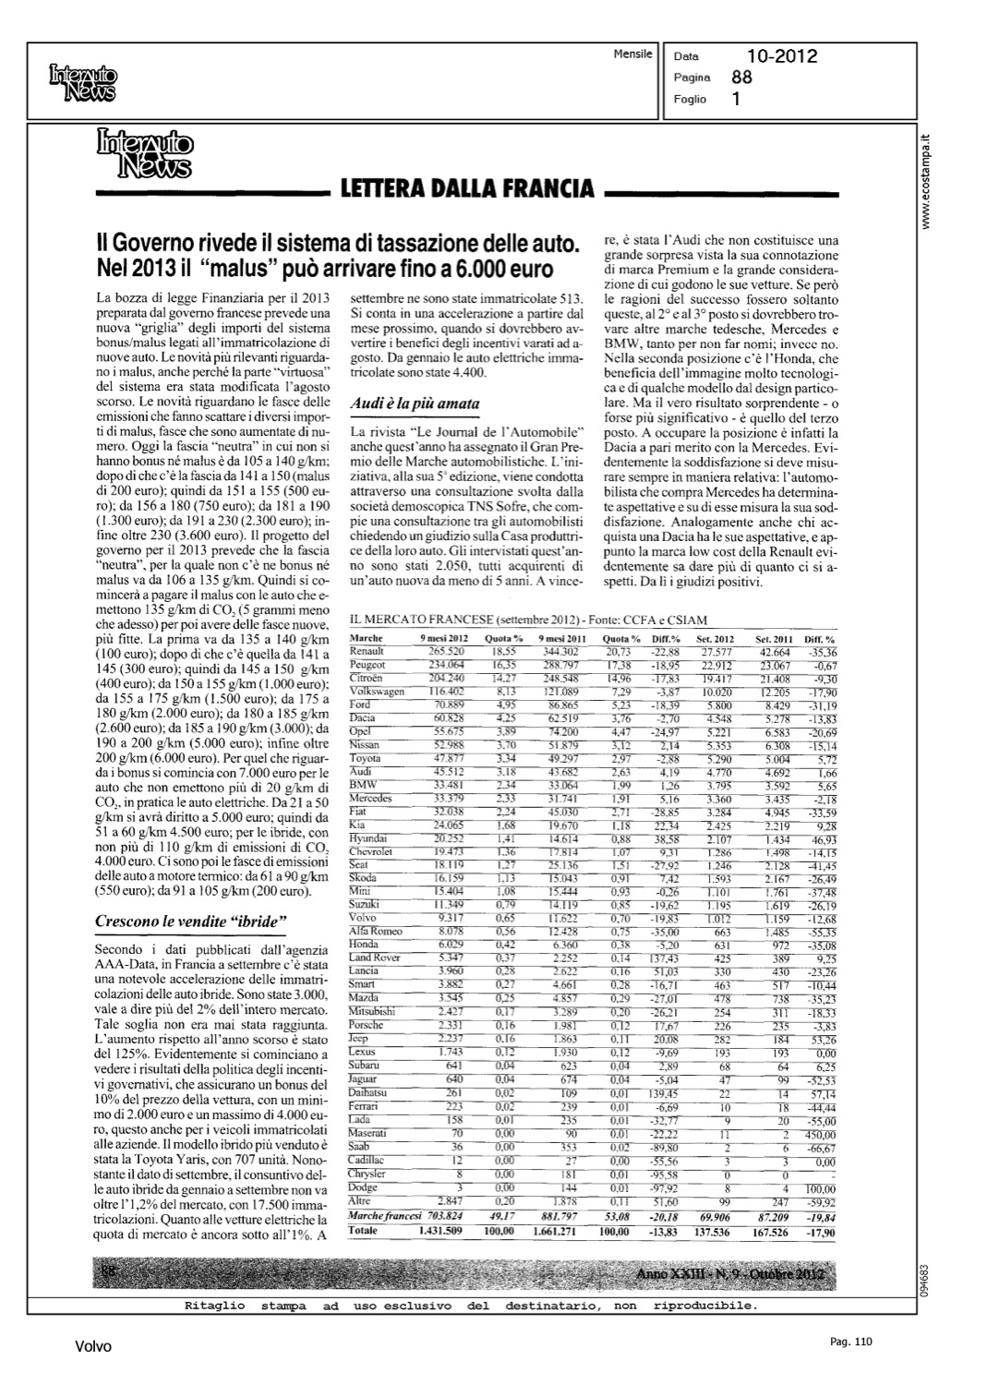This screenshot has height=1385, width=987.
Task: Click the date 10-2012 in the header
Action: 782,57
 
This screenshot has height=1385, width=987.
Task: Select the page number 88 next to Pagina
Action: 741,78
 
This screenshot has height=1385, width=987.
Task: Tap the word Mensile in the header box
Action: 632,54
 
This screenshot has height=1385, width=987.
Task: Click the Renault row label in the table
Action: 367,652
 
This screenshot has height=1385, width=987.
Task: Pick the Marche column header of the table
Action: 367,639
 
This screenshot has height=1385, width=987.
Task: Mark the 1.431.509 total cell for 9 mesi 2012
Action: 446,1232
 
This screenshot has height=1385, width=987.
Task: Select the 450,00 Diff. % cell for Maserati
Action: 820,1133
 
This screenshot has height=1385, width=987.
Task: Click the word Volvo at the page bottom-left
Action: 93,1347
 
